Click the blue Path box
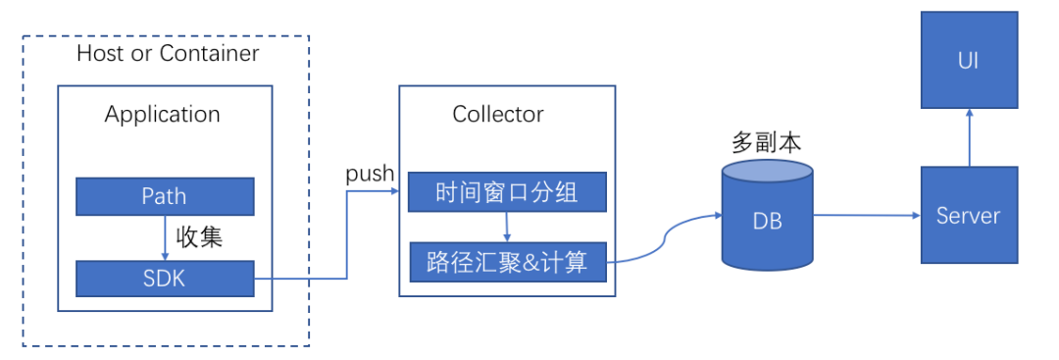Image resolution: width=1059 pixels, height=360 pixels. point(165,196)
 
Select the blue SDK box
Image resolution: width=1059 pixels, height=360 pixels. point(165,279)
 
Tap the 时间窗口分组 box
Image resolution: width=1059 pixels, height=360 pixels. point(507,192)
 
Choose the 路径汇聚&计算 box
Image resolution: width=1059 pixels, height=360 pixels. point(507,262)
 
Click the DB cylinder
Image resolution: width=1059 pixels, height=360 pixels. point(767,218)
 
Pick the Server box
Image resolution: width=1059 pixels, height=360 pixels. point(969,215)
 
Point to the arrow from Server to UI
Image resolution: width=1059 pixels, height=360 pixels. point(969,137)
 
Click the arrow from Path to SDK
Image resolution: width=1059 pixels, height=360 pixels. point(165,237)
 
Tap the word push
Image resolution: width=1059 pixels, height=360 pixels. point(370,174)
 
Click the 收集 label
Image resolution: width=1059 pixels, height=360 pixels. point(199,237)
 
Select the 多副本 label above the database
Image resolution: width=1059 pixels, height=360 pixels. point(766,142)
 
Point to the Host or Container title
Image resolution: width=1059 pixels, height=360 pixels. point(168,53)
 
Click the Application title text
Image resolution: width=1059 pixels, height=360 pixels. point(163,114)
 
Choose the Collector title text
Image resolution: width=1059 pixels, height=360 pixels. point(498,114)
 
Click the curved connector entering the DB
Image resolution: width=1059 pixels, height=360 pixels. point(667,240)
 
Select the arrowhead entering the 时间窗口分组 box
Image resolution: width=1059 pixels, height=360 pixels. point(402,192)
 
